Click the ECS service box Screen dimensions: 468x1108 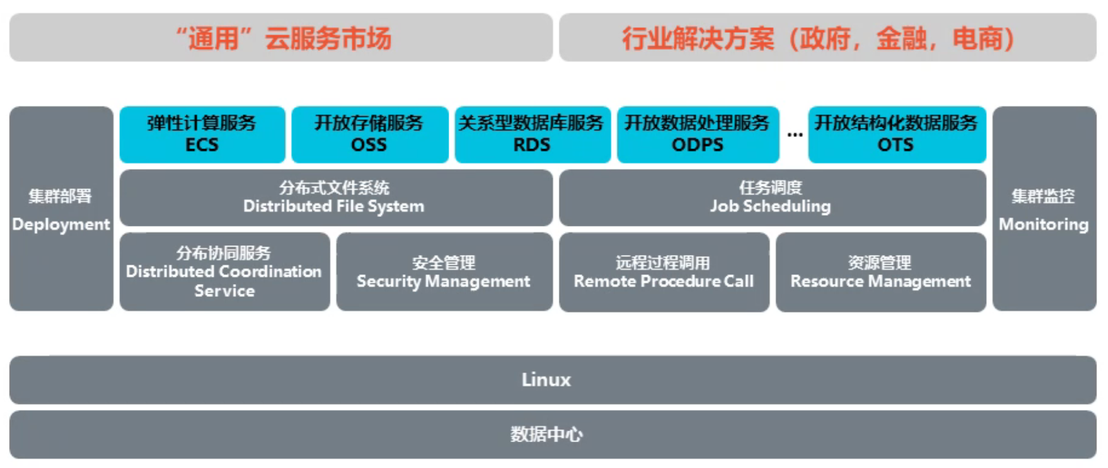tap(202, 134)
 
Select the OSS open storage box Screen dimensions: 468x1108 tap(369, 134)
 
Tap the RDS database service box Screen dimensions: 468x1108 tap(532, 134)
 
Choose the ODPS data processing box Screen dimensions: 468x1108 tap(698, 134)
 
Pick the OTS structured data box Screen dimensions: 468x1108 tap(896, 134)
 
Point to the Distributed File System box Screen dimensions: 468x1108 tap(334, 198)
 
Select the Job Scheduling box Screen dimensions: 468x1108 tap(771, 198)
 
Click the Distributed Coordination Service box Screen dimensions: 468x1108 tap(224, 272)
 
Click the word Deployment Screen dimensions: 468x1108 tap(61, 225)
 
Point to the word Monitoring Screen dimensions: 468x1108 tap(1043, 225)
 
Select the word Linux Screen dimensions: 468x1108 tap(547, 380)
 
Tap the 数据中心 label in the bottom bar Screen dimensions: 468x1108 tap(547, 434)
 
